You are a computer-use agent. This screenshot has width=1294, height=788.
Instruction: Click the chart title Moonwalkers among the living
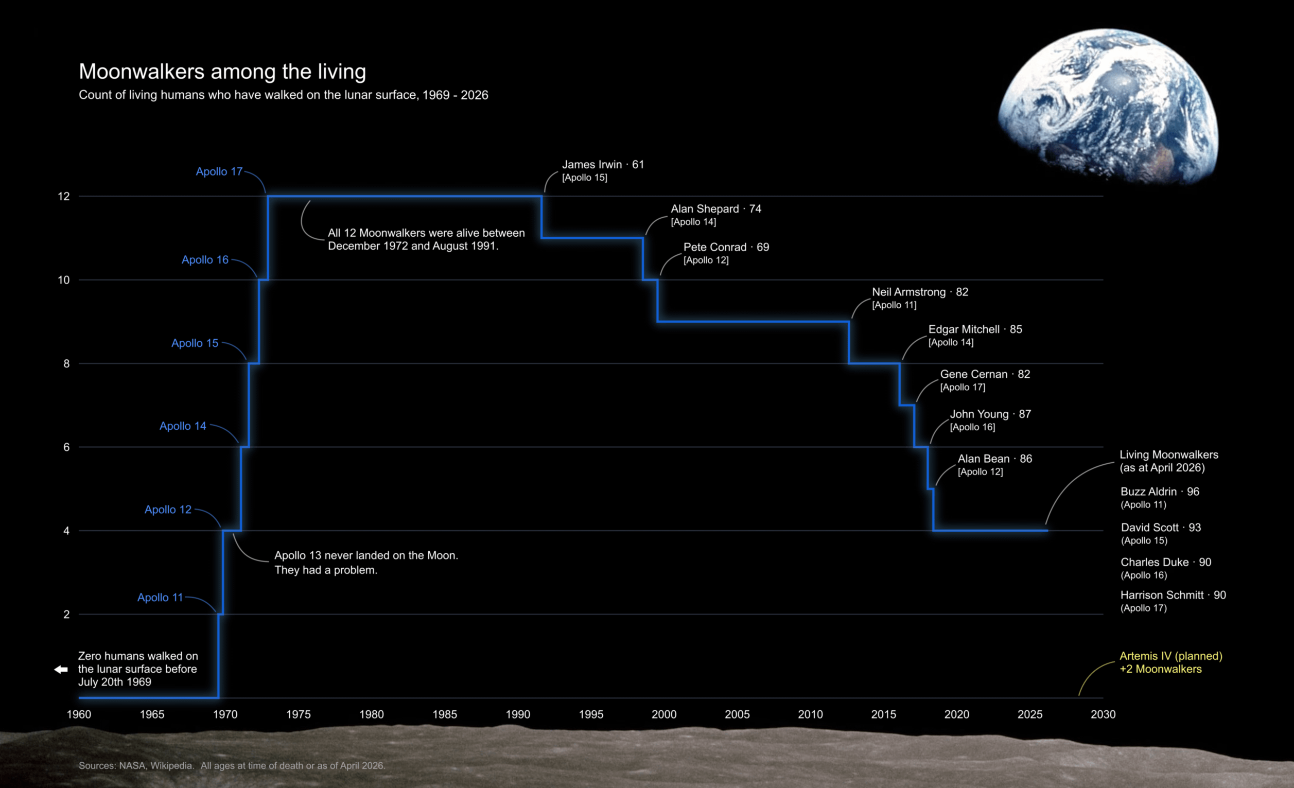[222, 72]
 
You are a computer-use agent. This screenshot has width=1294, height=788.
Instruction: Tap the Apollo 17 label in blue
[219, 172]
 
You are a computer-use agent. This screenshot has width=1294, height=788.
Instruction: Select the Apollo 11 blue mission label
[160, 598]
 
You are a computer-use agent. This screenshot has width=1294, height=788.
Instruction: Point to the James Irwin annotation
[602, 165]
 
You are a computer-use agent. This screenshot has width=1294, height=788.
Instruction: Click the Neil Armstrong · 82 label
[920, 292]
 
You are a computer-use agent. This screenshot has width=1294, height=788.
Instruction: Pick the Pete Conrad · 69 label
[726, 247]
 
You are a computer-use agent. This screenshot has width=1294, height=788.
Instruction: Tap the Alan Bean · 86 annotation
[994, 459]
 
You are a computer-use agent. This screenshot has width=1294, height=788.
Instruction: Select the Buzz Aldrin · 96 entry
[1160, 492]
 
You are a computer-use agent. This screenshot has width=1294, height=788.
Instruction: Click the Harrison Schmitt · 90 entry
[1173, 596]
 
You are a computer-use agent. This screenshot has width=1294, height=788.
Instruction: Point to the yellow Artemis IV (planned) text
[1170, 656]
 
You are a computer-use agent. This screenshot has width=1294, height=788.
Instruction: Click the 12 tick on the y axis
[63, 196]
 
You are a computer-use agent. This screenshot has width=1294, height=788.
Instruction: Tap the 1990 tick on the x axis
[518, 714]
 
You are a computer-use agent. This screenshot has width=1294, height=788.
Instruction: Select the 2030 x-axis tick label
[1103, 714]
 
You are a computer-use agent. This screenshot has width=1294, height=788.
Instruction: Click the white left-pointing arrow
[61, 669]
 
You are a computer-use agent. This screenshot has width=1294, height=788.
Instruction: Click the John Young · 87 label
[990, 414]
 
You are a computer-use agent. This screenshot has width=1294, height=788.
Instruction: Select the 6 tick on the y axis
[66, 447]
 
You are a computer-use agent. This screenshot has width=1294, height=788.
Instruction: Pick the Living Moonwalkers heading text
[1168, 455]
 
